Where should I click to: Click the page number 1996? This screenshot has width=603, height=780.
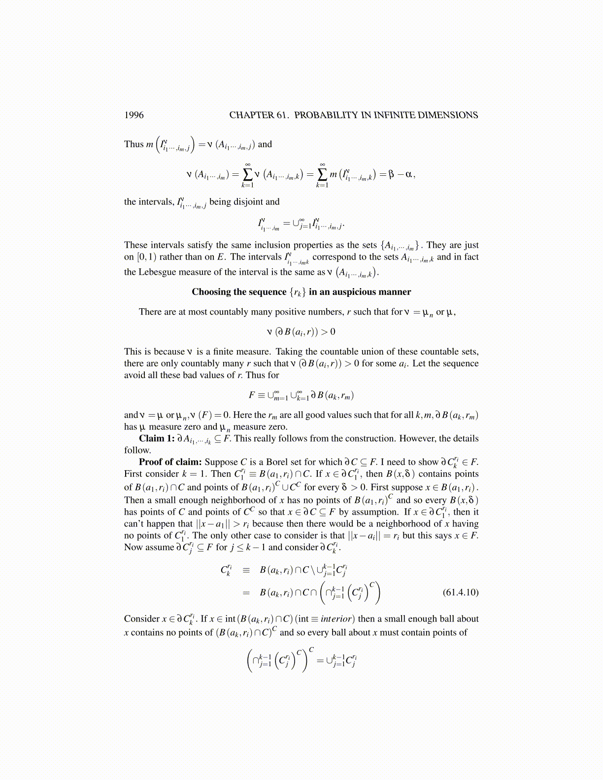134,115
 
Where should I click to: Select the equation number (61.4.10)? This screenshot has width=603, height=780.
461,592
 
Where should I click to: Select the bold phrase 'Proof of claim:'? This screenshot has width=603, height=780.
170,462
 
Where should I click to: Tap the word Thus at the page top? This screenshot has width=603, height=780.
134,144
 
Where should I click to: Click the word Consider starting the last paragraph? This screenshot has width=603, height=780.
141,618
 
